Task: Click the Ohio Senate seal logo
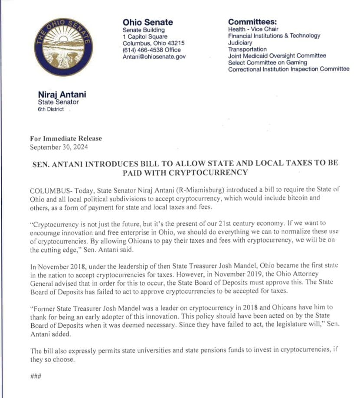click(x=65, y=47)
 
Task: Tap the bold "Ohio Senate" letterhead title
click(x=147, y=22)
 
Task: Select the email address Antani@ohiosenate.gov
click(x=154, y=56)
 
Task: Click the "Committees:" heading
click(x=252, y=22)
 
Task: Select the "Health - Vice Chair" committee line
click(x=253, y=29)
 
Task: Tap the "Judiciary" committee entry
click(x=240, y=43)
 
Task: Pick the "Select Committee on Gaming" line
click(x=266, y=62)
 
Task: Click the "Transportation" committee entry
click(x=247, y=49)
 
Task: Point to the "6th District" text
click(x=51, y=109)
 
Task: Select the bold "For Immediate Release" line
click(x=66, y=139)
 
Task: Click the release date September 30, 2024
click(x=59, y=147)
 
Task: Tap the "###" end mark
click(x=36, y=375)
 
